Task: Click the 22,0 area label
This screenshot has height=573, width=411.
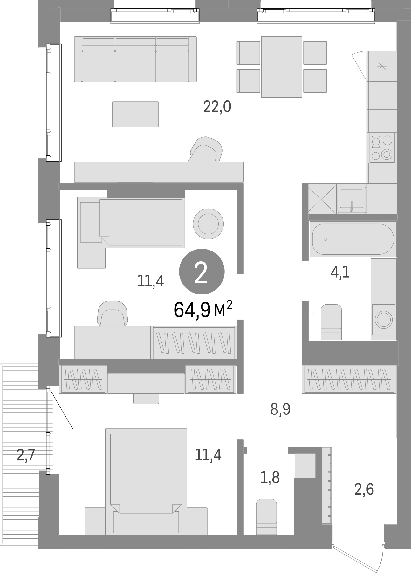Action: pos(217,107)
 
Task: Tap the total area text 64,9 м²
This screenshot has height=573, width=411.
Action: pos(203,309)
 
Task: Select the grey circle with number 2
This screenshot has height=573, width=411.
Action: pos(202,271)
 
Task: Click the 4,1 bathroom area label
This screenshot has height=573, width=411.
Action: pos(340,272)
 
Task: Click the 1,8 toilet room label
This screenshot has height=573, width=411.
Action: pos(270,477)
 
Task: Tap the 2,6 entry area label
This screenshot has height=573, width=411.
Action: pos(364,489)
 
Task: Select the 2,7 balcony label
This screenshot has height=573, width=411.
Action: pos(25,455)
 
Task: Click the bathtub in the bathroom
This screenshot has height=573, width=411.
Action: pos(353,239)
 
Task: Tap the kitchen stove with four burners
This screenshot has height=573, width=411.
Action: pos(382,147)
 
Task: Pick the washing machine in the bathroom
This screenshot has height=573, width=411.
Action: pos(384,319)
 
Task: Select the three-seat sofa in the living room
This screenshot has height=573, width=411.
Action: pos(135,59)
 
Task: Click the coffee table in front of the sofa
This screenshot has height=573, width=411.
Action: pos(135,114)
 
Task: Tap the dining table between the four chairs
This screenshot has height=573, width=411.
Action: pos(281,67)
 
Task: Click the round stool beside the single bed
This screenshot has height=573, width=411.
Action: pos(208,223)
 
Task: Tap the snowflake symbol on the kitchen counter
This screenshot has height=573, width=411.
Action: pos(382,66)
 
